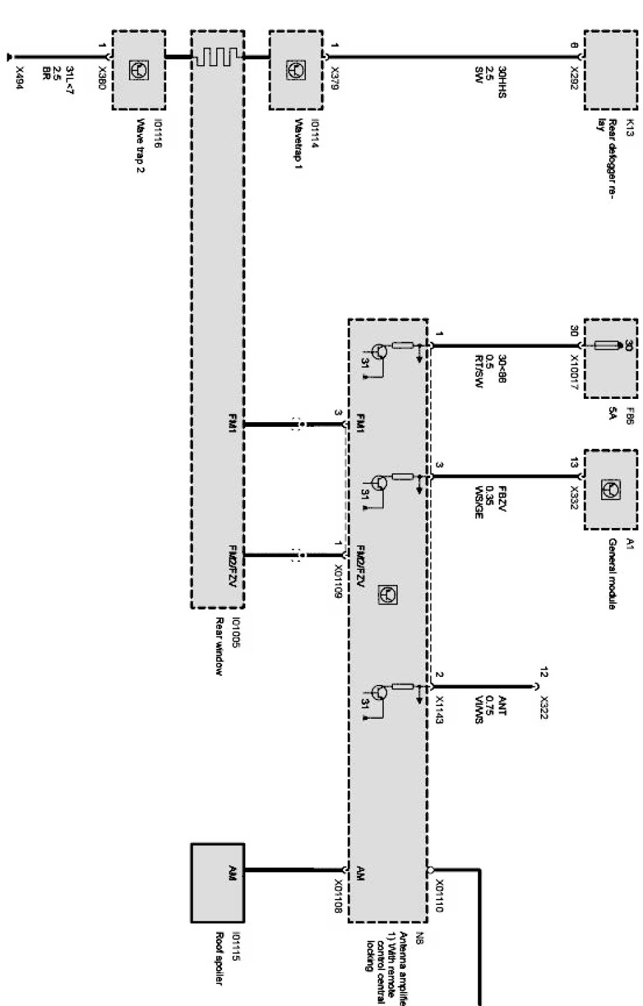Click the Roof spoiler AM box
(217, 882)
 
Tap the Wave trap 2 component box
(138, 69)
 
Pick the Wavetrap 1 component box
(295, 69)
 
